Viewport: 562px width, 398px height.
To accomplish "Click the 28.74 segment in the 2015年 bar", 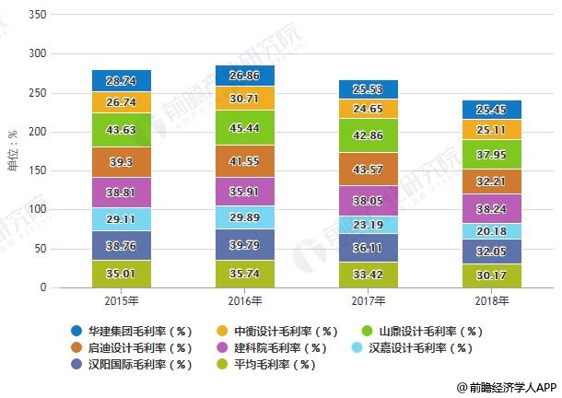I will pos(122,81).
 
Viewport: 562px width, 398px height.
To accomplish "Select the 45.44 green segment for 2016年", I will pos(244,128).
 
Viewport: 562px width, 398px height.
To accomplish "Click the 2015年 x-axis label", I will pos(122,301).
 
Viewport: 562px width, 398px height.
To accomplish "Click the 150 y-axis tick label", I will pos(36,170).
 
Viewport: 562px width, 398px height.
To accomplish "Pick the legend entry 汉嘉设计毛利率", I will pos(423,347).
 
